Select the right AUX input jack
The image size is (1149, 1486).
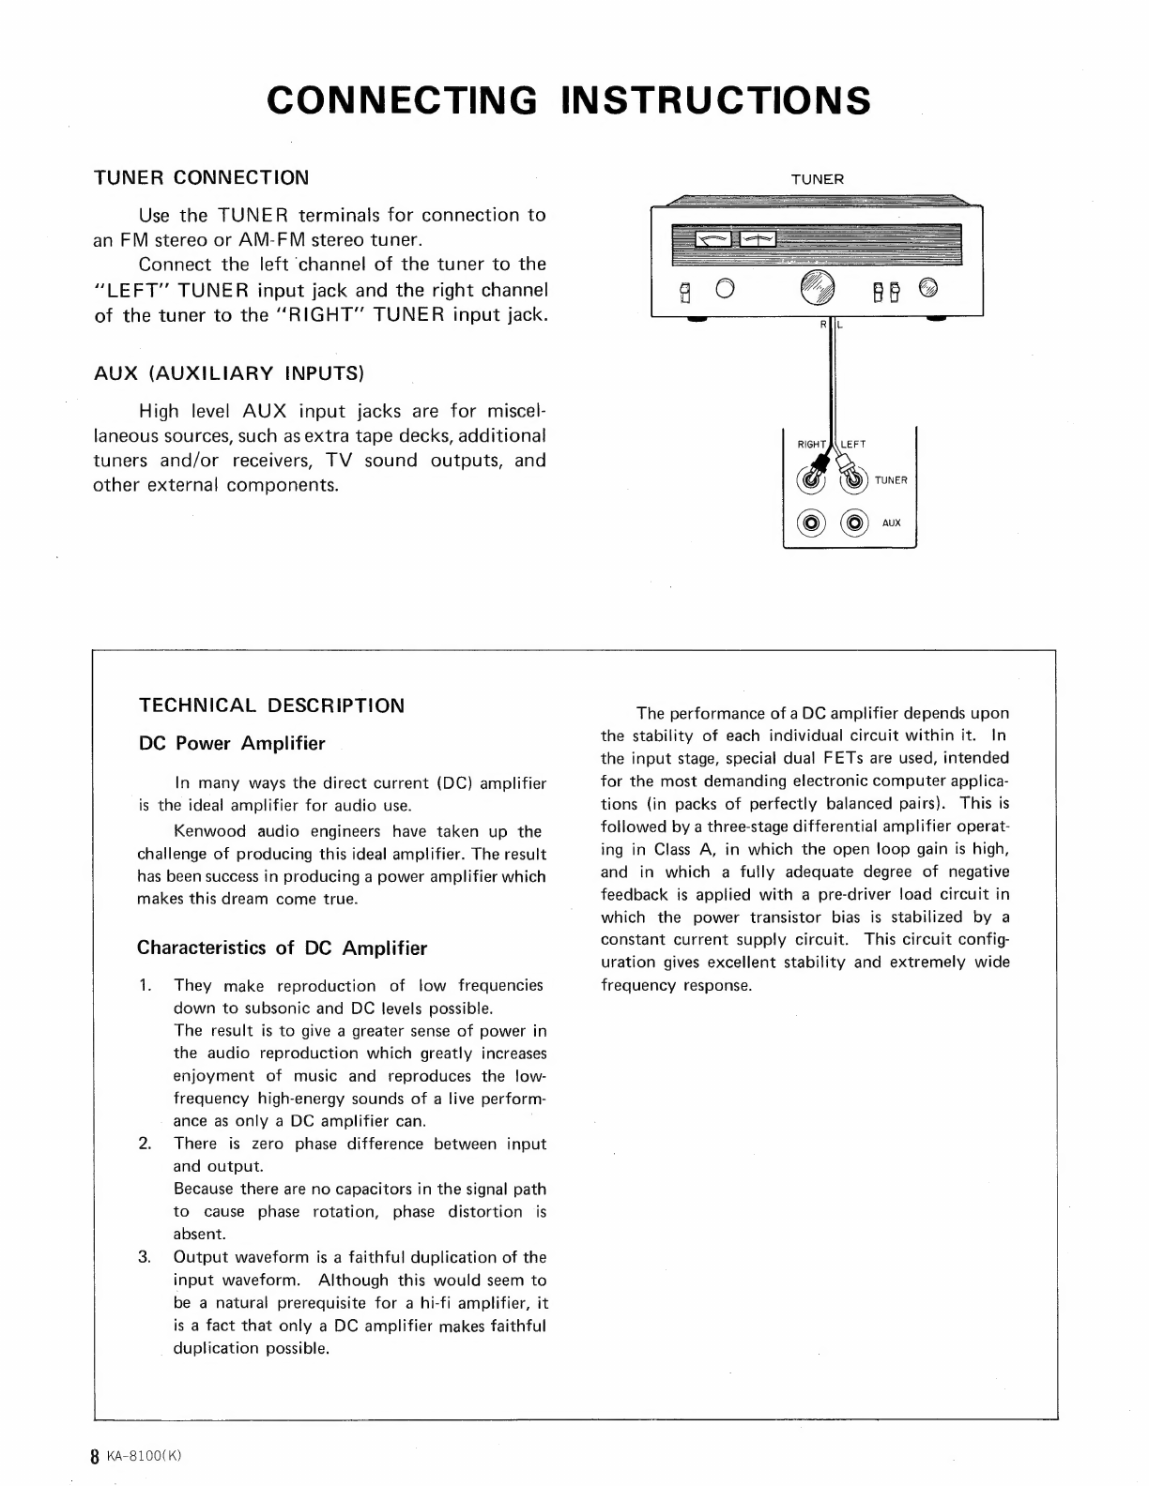[854, 523]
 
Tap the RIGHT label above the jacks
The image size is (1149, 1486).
[811, 445]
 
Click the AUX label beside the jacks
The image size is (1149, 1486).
[891, 523]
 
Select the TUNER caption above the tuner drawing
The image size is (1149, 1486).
[818, 178]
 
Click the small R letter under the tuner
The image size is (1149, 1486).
[822, 325]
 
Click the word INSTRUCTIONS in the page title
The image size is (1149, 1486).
[716, 100]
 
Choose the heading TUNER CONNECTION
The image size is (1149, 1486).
[201, 177]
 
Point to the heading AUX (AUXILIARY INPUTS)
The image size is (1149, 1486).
[228, 373]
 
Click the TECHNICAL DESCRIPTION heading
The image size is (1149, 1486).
[271, 705]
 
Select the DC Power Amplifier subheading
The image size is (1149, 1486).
[231, 744]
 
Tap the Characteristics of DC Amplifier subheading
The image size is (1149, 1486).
[282, 948]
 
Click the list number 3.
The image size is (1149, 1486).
[145, 1257]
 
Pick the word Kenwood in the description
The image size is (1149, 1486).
[207, 831]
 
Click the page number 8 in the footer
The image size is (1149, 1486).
[94, 1457]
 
